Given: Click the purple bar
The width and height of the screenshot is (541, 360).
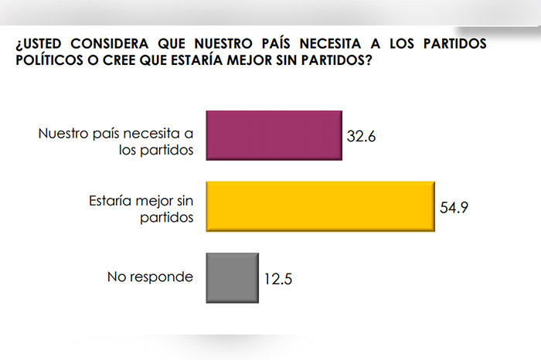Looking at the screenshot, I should pos(273,134).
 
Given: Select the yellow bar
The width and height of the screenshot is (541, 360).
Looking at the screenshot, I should pos(319,206).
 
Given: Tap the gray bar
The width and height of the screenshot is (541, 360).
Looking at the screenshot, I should pos(232,277).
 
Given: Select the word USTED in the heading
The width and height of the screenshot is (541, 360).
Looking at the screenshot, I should pos(46,44).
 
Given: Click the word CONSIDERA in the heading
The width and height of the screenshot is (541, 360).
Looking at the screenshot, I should pos(115,44).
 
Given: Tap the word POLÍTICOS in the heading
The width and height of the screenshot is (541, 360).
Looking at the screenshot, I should pos(49,60).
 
